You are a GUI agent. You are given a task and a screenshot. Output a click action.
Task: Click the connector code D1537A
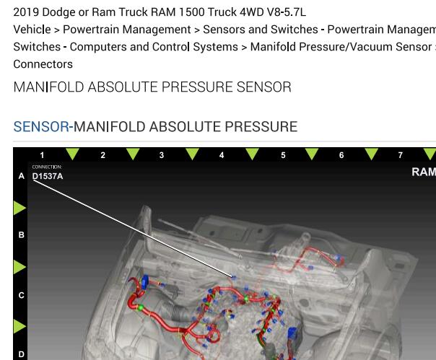coord(48,176)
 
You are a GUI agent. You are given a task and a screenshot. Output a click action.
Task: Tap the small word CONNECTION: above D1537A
coord(47,167)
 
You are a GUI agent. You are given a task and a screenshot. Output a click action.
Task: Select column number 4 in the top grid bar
coord(222,155)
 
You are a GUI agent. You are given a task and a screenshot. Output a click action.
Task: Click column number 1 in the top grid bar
coord(42,155)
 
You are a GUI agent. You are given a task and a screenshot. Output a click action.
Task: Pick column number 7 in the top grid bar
coord(401,155)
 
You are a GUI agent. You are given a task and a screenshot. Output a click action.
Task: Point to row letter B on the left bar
coord(21,235)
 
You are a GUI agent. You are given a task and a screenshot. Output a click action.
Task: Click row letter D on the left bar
coord(21,354)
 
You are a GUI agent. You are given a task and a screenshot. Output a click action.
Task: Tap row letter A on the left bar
coord(21,176)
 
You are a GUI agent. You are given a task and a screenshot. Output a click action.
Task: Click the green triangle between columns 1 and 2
coord(73,154)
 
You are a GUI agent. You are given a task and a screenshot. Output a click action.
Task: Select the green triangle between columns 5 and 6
coord(312,154)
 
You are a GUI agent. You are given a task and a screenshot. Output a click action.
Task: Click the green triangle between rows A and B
coord(19,208)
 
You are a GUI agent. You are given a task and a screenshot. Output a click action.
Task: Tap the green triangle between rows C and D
coord(19,326)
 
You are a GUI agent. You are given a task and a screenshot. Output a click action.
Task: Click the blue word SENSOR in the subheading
coord(41,127)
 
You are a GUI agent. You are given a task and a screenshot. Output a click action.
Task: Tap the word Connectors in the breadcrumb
coord(43,64)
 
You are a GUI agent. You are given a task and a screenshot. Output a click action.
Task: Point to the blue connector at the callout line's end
coord(234,277)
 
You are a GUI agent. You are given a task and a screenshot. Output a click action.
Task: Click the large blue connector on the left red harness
coord(145,281)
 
